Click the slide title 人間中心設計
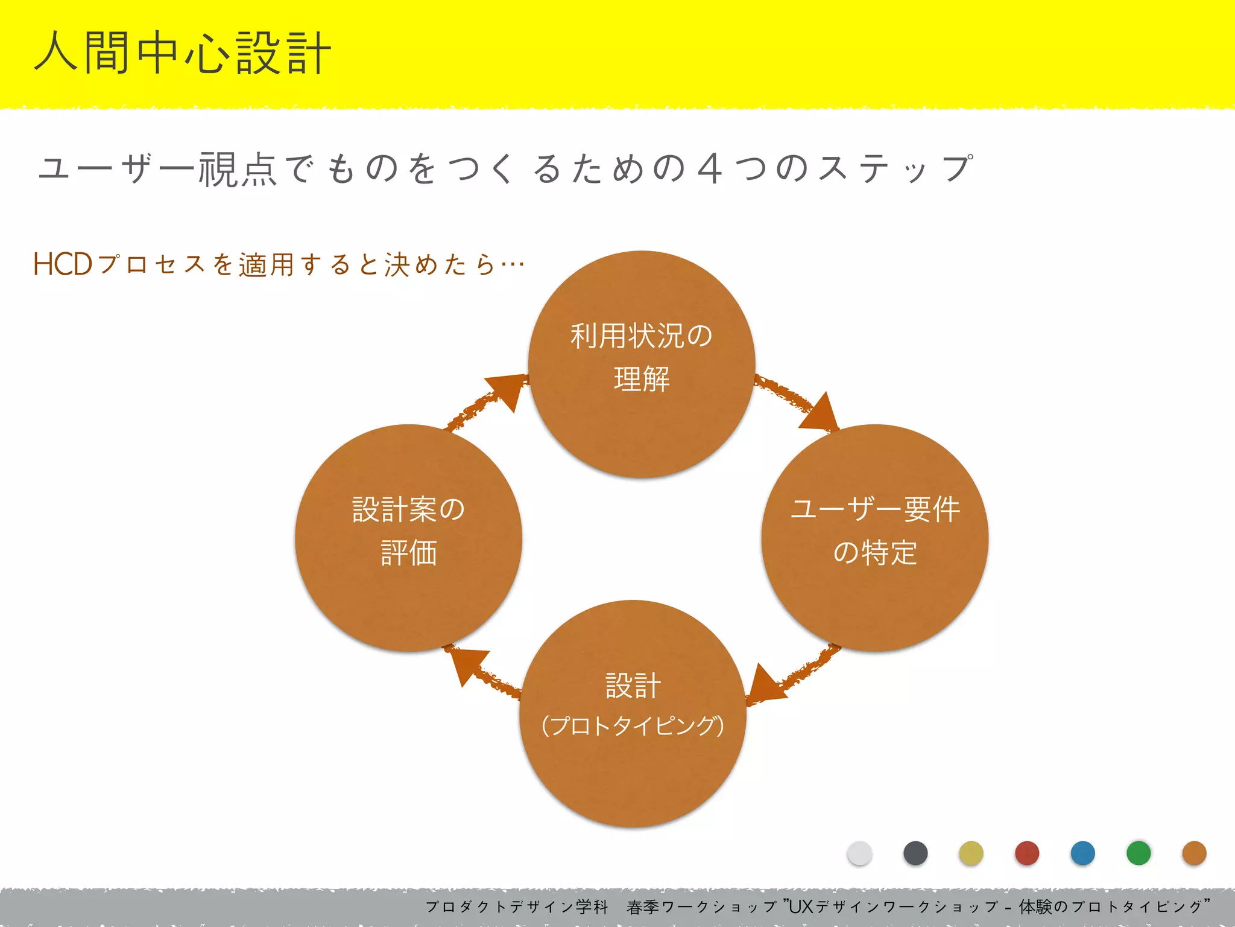pos(183,53)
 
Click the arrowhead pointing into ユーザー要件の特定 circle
pos(820,414)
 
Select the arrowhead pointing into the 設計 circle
pos(765,685)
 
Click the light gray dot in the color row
pos(859,853)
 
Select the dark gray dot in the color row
pos(915,853)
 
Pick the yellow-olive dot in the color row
pos(971,853)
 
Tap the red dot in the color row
pos(1027,853)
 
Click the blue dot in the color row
pos(1082,853)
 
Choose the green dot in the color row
pos(1139,853)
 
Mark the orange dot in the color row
pos(1194,853)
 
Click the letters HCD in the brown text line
pos(63,264)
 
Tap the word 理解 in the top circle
pos(642,380)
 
